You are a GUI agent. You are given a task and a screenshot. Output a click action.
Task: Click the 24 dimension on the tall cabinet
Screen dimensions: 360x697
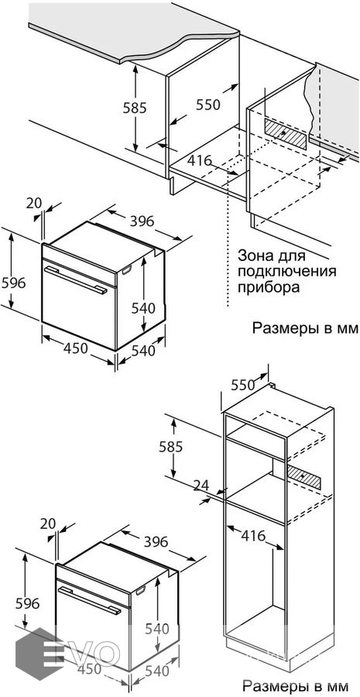click(201, 486)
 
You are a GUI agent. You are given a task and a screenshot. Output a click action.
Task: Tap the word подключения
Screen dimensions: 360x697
click(287, 272)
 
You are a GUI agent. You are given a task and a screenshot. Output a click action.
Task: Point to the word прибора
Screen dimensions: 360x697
click(269, 287)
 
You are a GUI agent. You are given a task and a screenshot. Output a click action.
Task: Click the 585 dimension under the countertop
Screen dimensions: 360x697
click(135, 108)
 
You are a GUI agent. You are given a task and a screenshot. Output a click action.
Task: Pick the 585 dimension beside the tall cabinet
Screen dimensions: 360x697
click(170, 446)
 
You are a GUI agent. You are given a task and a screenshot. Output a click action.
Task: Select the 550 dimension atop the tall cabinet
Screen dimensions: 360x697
click(243, 385)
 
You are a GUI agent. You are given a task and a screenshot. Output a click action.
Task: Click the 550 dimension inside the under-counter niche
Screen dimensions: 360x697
click(208, 105)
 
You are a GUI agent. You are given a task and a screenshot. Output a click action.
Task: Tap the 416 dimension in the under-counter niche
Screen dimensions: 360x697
click(199, 160)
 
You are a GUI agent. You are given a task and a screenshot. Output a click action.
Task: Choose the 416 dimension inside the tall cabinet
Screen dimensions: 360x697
click(253, 536)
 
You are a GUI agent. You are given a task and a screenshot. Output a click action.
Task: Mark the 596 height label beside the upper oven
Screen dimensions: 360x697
click(14, 282)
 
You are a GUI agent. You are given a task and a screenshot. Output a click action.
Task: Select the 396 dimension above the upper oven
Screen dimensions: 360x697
click(142, 221)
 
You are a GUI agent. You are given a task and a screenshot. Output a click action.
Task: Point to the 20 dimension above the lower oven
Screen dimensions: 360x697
click(47, 524)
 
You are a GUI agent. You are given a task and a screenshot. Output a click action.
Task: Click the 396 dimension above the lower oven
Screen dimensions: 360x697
click(156, 541)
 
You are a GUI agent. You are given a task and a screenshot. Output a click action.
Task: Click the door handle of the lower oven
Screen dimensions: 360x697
click(89, 600)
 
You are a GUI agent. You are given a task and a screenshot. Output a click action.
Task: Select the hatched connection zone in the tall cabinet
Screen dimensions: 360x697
click(304, 476)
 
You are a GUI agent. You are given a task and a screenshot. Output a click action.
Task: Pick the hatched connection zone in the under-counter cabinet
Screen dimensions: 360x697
click(285, 133)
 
